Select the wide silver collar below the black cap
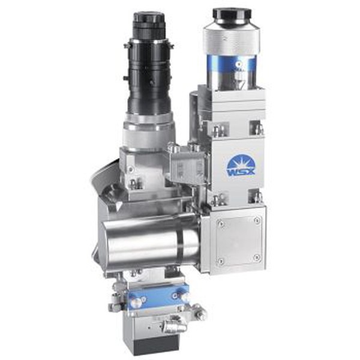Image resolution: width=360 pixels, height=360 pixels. tap(232, 38)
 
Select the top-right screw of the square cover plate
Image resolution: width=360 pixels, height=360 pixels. tap(257, 220)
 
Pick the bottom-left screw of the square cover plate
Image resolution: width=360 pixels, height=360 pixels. tap(221, 261)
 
